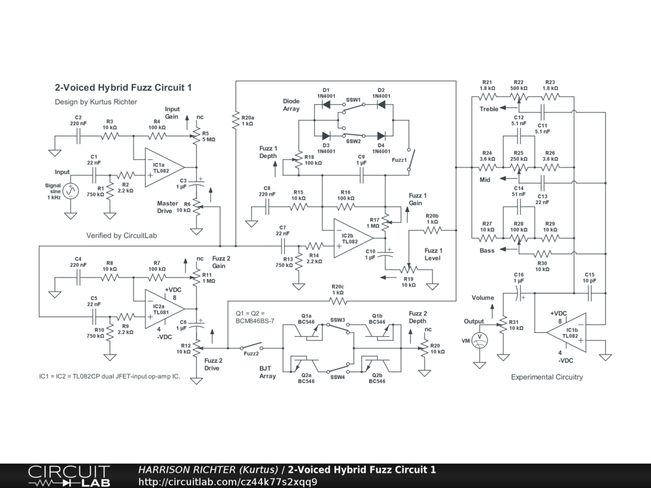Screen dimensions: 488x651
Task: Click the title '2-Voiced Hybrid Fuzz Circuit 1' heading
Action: pos(123,88)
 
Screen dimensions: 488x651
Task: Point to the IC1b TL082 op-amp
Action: pos(567,332)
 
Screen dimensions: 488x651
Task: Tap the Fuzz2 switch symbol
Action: pos(252,348)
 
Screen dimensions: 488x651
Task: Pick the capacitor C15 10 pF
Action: pos(590,294)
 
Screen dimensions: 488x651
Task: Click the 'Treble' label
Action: pos(489,109)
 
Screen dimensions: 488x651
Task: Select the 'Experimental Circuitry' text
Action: pos(547,377)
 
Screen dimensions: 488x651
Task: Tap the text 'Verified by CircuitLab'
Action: pos(121,236)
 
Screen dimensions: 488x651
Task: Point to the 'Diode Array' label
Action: pos(291,105)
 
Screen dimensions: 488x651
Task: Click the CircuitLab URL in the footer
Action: pos(227,482)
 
